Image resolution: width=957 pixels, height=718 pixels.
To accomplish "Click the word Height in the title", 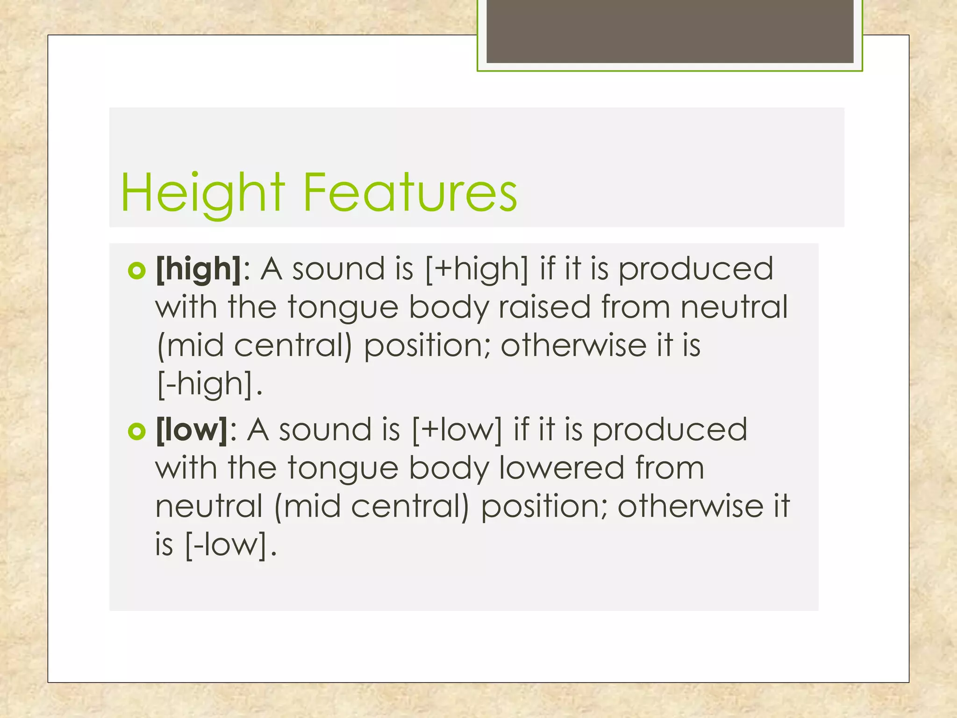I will click(x=202, y=193).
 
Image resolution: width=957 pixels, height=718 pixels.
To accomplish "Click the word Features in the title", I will click(x=410, y=193).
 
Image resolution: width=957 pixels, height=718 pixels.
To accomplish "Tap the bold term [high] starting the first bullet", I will click(x=199, y=269).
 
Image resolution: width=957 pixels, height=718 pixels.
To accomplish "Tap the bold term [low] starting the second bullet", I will click(x=192, y=430).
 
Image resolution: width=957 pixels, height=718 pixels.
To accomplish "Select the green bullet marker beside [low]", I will click(x=136, y=431).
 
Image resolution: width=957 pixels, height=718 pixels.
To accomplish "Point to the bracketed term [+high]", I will click(x=477, y=269).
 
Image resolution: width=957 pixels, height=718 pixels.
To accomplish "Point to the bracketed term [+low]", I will click(x=457, y=430).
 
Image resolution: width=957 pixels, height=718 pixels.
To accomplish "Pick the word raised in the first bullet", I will click(x=544, y=307).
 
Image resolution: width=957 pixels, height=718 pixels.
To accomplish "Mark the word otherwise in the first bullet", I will click(x=573, y=345).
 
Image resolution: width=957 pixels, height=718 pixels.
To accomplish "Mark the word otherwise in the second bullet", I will click(x=690, y=506).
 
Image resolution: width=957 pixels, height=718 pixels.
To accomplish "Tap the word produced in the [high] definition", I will click(x=696, y=269).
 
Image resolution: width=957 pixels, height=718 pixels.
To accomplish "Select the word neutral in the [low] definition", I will click(x=209, y=506).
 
